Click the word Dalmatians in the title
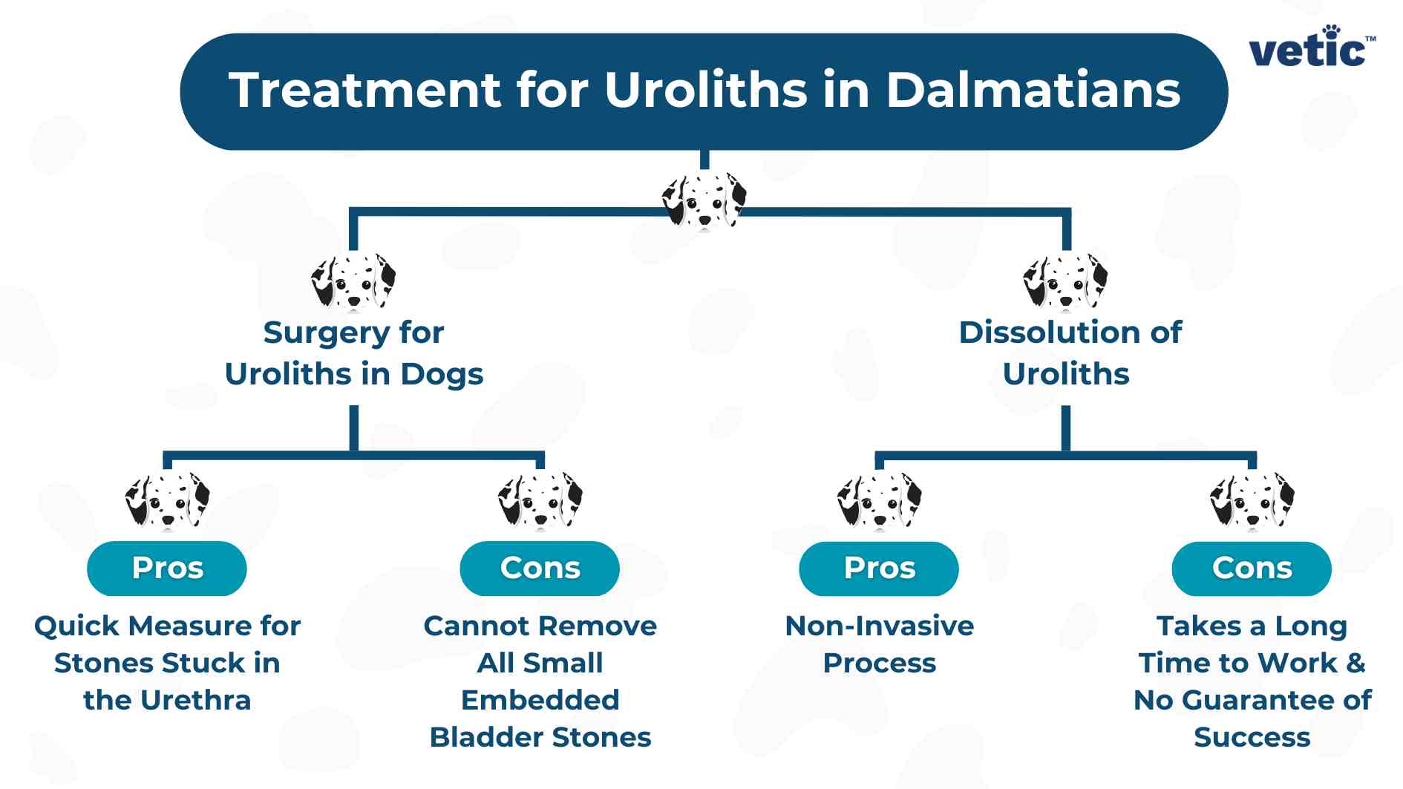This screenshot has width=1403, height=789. click(x=1033, y=90)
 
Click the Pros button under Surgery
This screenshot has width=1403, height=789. click(x=167, y=568)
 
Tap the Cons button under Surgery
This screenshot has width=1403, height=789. click(x=540, y=568)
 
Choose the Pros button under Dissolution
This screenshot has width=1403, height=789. click(x=879, y=568)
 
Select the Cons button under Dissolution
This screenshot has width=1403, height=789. click(x=1252, y=568)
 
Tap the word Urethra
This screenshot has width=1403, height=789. click(x=195, y=700)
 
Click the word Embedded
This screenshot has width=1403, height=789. click(x=540, y=700)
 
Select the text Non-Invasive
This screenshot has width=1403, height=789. click(x=879, y=626)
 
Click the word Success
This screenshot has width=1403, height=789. click(x=1252, y=737)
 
